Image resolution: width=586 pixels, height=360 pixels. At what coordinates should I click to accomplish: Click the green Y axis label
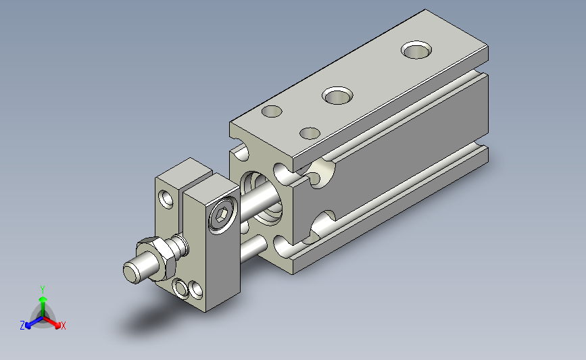click(x=43, y=290)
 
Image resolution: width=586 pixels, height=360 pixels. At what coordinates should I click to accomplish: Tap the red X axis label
click(x=63, y=326)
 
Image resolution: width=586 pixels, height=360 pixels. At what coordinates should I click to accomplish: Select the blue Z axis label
click(x=22, y=326)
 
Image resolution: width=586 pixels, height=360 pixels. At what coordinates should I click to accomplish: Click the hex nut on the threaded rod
click(x=156, y=259)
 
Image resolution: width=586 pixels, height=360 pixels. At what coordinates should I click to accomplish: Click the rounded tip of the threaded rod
click(x=132, y=272)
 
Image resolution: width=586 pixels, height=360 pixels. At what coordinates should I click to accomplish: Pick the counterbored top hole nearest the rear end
click(x=416, y=50)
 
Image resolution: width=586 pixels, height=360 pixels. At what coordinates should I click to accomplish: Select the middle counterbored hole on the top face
click(x=337, y=96)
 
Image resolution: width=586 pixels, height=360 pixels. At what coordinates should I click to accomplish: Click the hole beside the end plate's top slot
click(x=166, y=199)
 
